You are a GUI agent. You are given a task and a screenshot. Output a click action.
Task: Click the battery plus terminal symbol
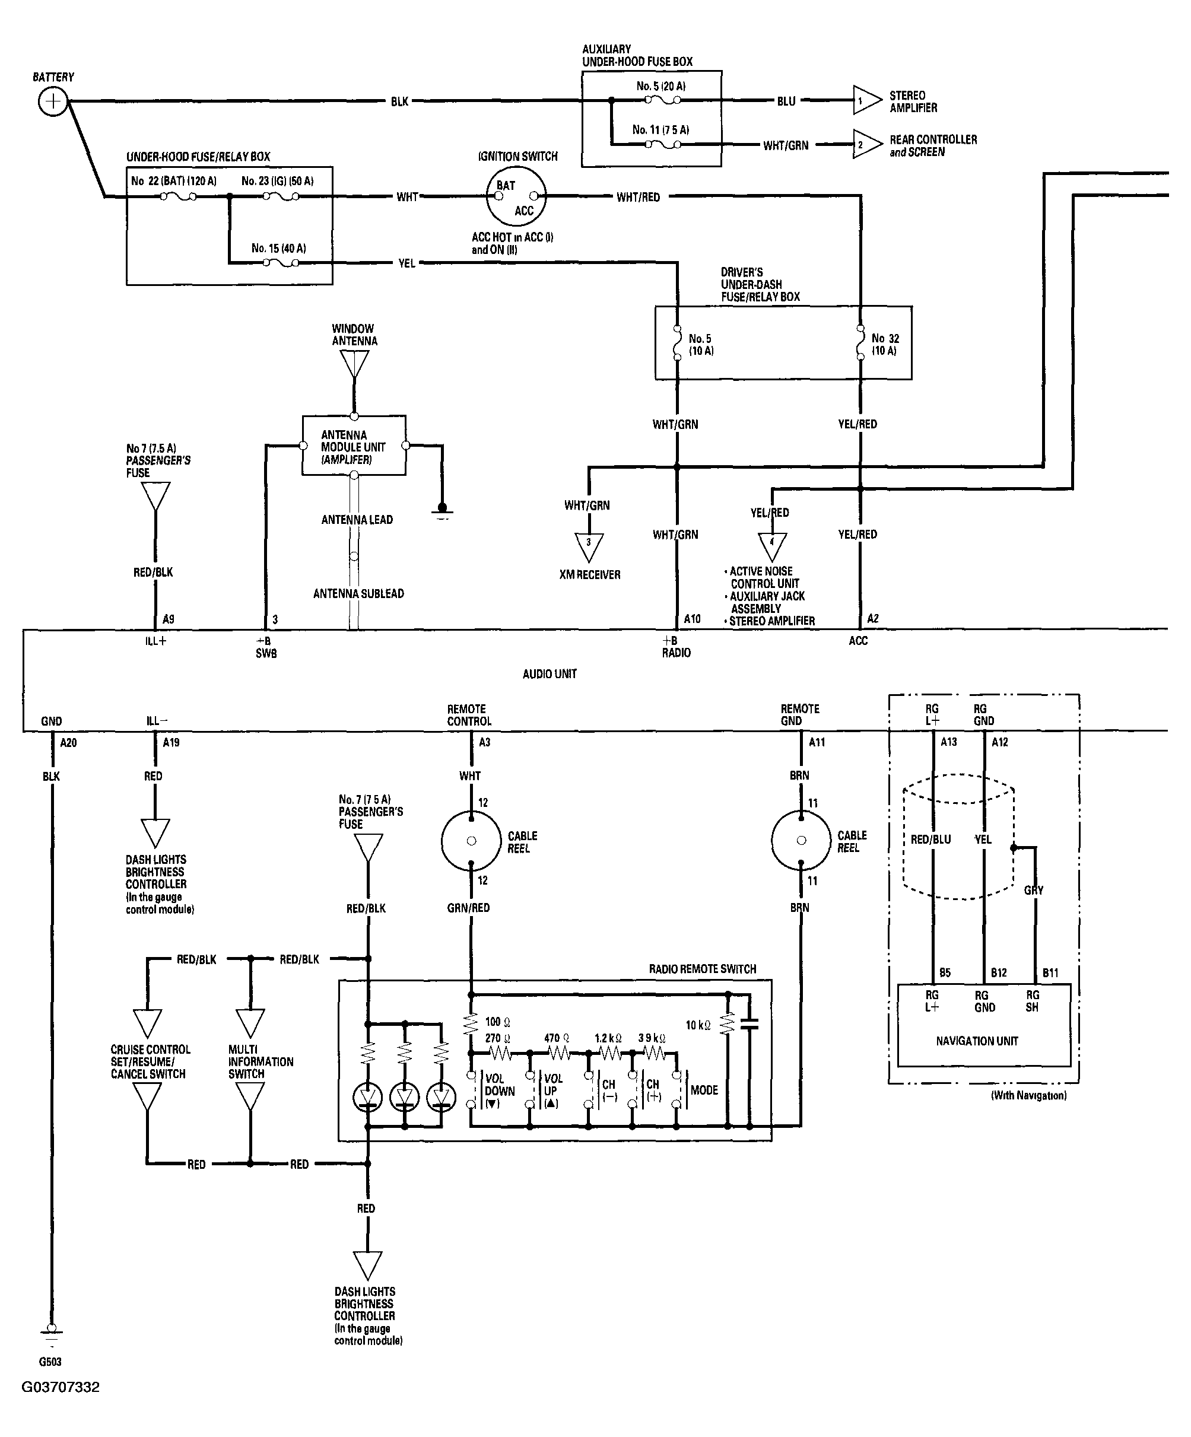(52, 102)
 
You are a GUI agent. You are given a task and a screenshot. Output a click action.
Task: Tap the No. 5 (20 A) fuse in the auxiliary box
(662, 100)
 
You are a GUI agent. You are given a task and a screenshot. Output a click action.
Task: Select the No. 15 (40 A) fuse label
(278, 249)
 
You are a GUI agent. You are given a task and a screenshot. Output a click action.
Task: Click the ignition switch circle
(516, 196)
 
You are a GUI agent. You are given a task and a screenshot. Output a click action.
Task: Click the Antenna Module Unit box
(354, 446)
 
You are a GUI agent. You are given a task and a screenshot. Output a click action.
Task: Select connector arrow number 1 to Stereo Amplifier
(867, 101)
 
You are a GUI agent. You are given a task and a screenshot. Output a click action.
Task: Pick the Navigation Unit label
(977, 1041)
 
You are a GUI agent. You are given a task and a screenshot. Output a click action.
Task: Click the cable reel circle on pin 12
(471, 841)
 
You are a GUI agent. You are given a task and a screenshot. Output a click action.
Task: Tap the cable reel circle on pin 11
(801, 840)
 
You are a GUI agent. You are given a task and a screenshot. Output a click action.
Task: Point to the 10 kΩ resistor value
(698, 1025)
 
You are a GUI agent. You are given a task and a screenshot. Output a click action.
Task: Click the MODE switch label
(704, 1090)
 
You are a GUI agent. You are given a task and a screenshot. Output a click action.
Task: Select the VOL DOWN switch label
(500, 1091)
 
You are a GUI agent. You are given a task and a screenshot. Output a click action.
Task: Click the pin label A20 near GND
(68, 742)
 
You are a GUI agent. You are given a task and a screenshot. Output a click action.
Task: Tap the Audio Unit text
(550, 674)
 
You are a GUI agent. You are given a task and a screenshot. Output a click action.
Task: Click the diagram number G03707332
(61, 1387)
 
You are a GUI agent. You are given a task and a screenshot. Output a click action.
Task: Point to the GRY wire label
(1034, 890)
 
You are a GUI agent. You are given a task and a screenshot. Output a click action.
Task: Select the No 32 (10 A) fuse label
(885, 344)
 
